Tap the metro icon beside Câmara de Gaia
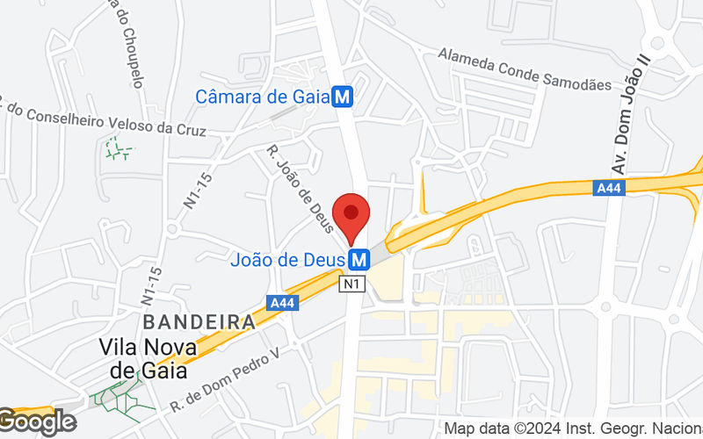pyautogui.click(x=343, y=97)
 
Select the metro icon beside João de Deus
pyautogui.click(x=358, y=260)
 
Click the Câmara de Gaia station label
pyautogui.click(x=262, y=97)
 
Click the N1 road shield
pyautogui.click(x=351, y=284)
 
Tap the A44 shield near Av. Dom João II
pyautogui.click(x=607, y=187)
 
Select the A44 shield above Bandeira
pyautogui.click(x=282, y=303)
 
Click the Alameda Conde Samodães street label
pyautogui.click(x=525, y=69)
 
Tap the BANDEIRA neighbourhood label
pyautogui.click(x=199, y=321)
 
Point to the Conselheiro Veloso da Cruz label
pyautogui.click(x=105, y=122)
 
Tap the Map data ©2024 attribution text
pyautogui.click(x=572, y=429)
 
